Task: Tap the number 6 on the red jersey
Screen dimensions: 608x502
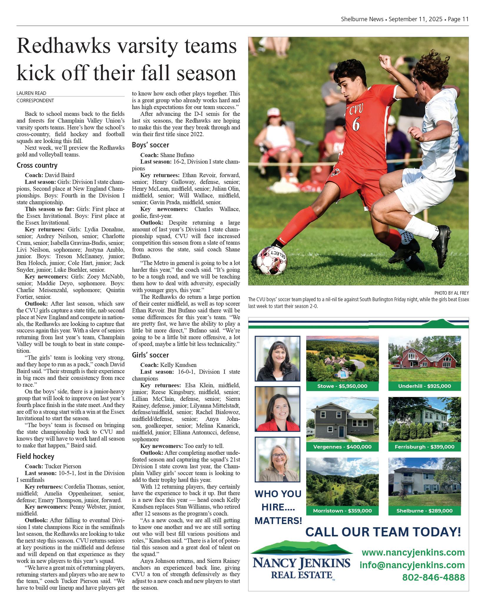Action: click(x=355, y=124)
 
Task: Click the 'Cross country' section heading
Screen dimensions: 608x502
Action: click(x=37, y=165)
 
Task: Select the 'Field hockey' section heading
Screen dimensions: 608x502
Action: click(x=35, y=457)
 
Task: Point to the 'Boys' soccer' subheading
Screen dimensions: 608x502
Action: click(x=150, y=145)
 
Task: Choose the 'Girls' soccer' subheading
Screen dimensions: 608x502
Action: click(x=150, y=355)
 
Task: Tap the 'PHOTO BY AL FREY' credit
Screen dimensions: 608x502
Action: click(x=451, y=293)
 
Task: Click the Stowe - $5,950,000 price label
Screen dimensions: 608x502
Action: click(x=342, y=386)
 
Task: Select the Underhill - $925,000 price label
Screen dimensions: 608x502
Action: click(x=424, y=386)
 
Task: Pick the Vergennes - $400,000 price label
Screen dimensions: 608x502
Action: click(x=342, y=447)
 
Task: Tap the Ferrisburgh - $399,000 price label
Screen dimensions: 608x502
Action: click(x=424, y=447)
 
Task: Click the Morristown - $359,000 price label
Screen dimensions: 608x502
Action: click(x=342, y=511)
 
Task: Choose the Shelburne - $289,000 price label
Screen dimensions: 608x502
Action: click(x=424, y=511)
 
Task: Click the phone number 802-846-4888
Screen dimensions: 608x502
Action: click(x=433, y=577)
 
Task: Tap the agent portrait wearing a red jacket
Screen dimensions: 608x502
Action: click(x=277, y=409)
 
